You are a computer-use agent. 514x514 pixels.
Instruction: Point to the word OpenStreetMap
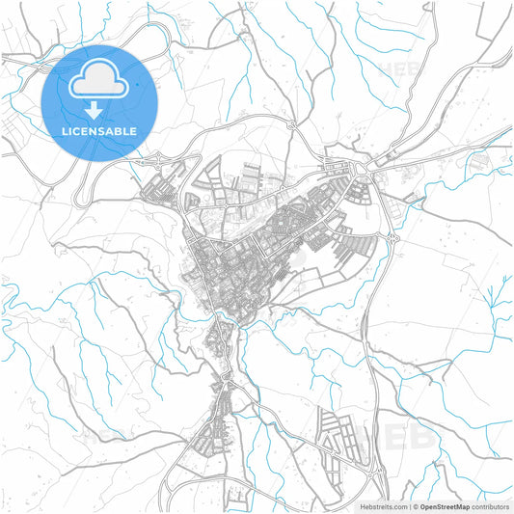click(x=445, y=506)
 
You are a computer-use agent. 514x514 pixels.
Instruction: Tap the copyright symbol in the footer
click(x=416, y=506)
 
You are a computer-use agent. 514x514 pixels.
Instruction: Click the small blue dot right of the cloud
click(x=137, y=85)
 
